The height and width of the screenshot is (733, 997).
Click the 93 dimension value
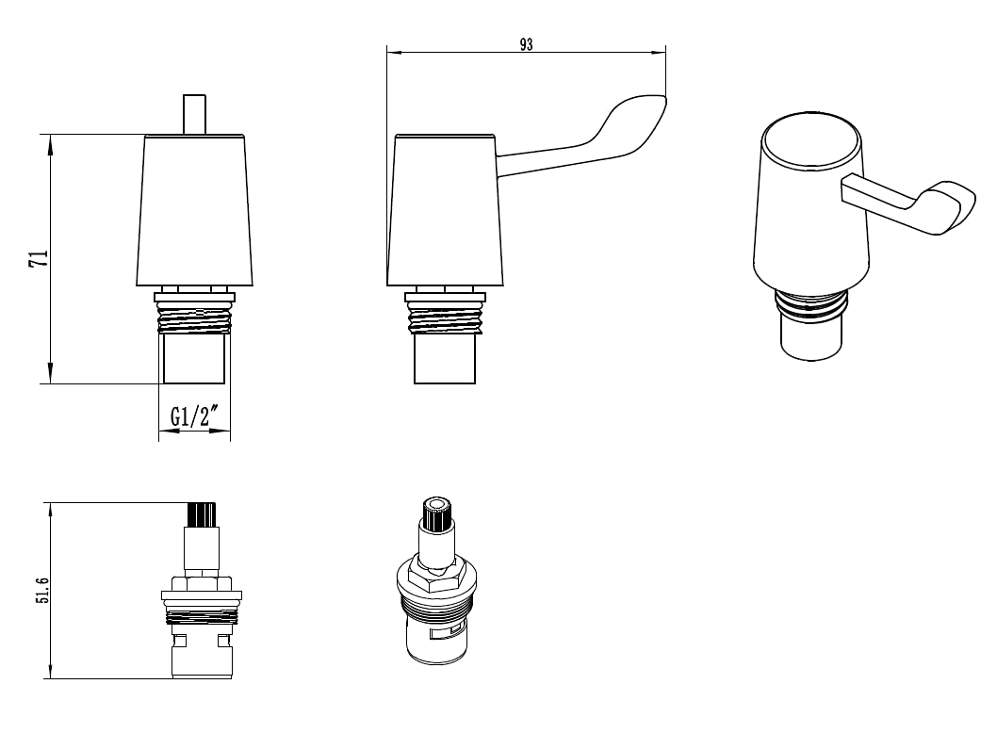click(x=526, y=44)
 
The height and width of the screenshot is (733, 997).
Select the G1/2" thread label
click(x=194, y=416)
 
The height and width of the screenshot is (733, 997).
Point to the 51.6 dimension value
click(x=42, y=591)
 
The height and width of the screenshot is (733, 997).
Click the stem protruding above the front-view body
click(x=194, y=114)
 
